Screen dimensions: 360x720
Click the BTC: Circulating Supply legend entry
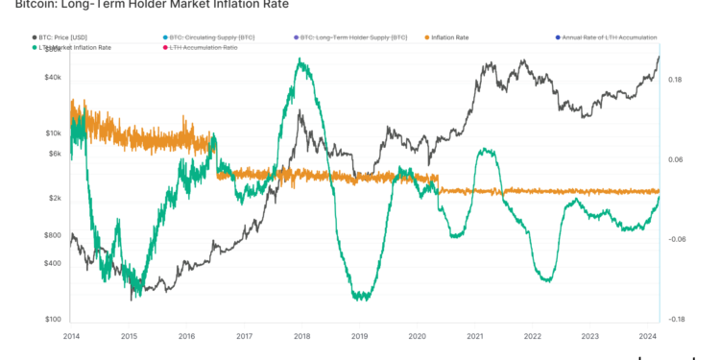[x=211, y=37]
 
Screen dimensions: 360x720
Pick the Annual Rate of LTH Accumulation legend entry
[x=610, y=37]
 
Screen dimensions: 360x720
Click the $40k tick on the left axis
[x=53, y=78]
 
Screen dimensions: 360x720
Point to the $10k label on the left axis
[x=53, y=133]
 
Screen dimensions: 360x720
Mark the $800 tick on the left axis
[x=52, y=235]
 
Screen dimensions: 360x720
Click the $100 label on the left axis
[x=52, y=320]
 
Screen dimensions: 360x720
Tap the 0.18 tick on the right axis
[x=676, y=80]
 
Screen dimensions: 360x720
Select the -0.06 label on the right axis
[x=677, y=239]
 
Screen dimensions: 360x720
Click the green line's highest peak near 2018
[x=301, y=60]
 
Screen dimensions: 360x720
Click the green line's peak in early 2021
[x=488, y=150]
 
